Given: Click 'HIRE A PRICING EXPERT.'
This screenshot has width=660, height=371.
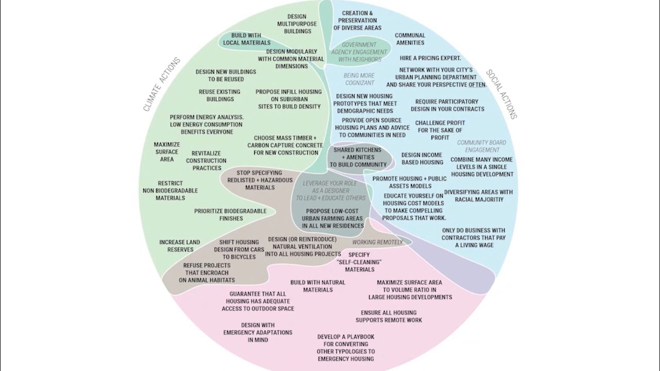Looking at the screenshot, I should point(430,58).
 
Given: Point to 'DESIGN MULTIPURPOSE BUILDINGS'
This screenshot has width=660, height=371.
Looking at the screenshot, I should point(296,24).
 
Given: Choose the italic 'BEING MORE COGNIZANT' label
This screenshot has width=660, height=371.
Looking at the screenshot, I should point(359,79).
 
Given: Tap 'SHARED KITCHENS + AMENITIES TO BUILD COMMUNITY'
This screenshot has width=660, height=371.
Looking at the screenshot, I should point(358,157).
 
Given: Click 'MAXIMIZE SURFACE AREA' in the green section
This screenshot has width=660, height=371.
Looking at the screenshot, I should point(167,152).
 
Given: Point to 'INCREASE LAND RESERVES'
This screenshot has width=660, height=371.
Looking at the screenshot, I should point(180,246).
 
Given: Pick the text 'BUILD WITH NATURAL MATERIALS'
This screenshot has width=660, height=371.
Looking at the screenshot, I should point(318,286).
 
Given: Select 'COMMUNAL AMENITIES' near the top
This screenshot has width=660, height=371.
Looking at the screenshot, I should point(410,39).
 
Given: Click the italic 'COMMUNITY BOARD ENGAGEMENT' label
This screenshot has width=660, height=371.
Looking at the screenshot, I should point(482,146).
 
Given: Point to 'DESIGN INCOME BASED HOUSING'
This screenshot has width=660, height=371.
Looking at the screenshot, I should point(422,158).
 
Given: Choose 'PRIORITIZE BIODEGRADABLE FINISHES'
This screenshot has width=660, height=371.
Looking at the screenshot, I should point(230,214).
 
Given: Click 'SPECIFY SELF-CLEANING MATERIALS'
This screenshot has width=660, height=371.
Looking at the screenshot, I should point(359,262).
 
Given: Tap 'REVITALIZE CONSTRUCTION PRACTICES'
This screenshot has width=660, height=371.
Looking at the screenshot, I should point(206,161).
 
